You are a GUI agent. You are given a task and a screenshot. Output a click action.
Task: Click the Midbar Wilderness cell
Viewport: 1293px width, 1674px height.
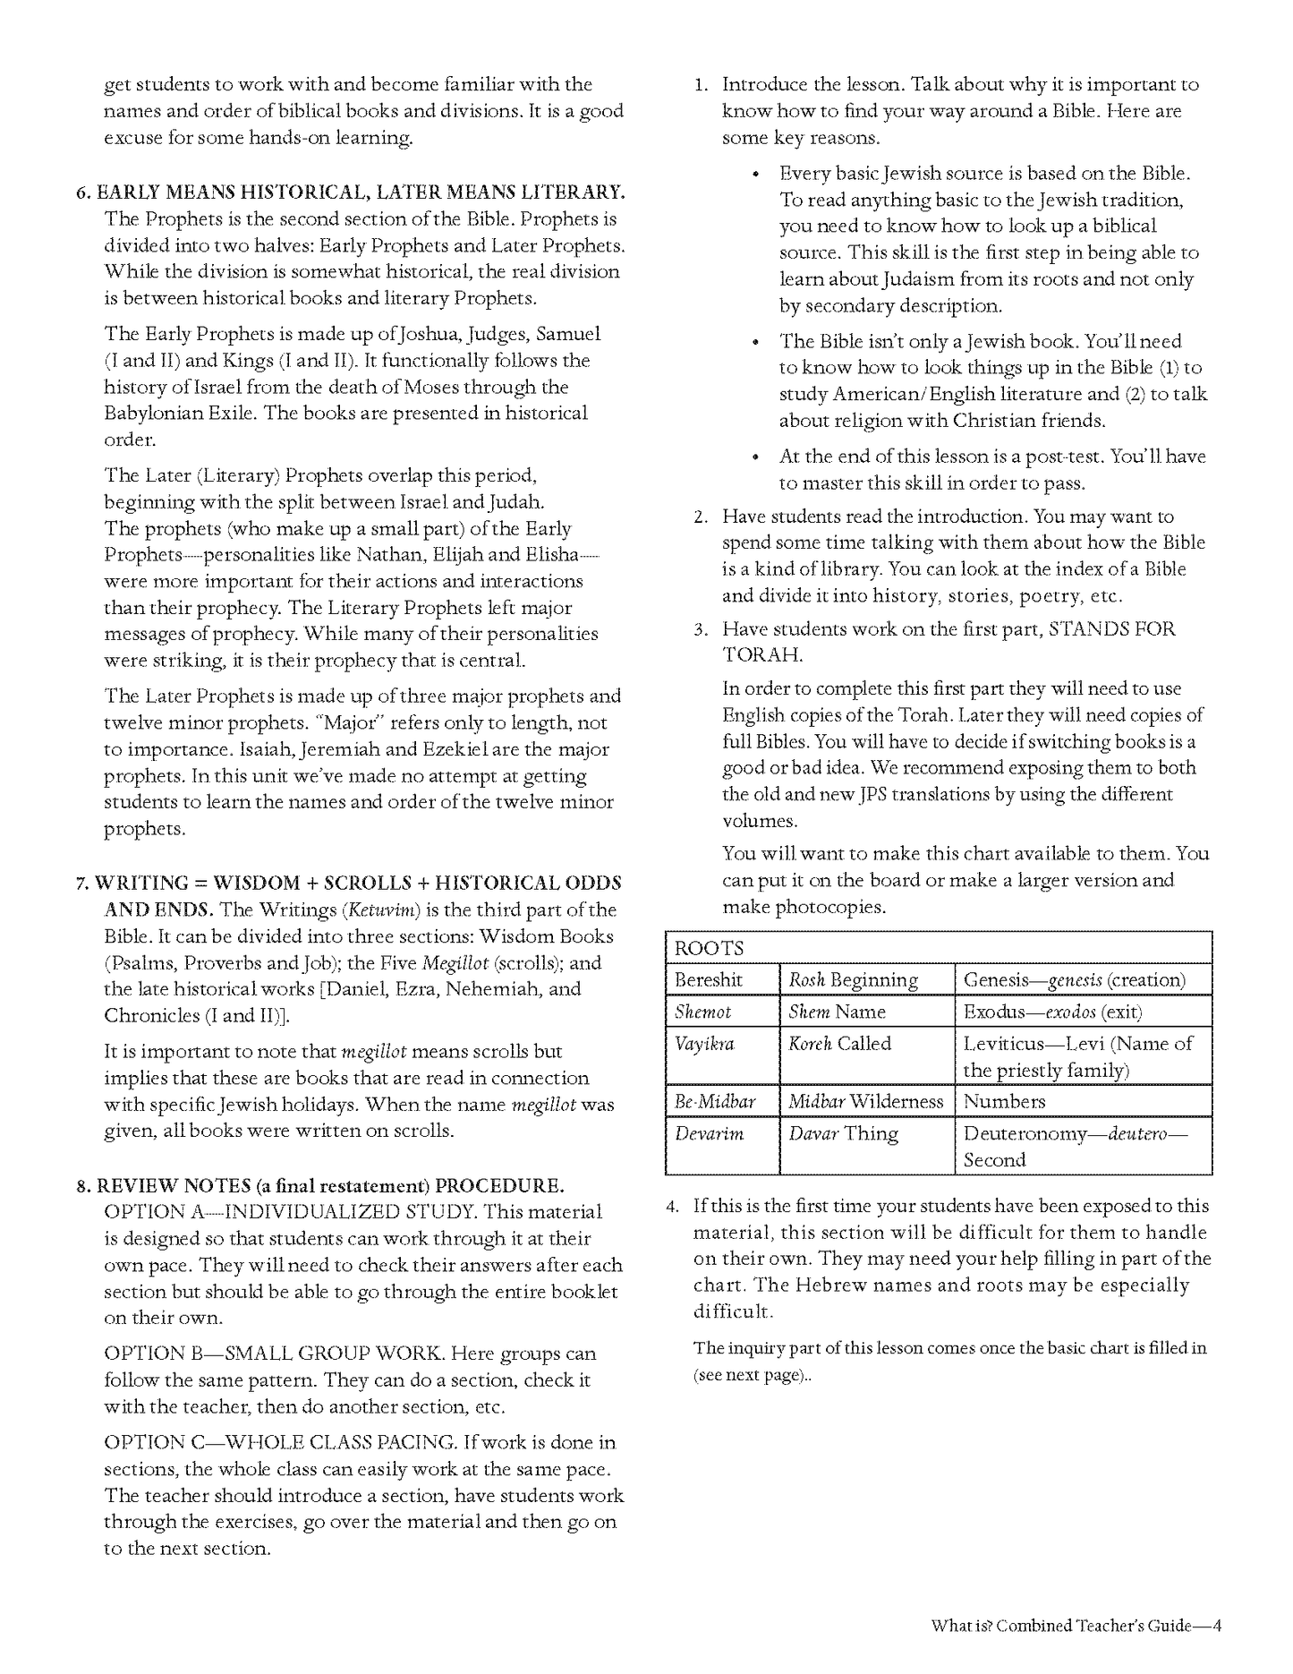coord(865,1101)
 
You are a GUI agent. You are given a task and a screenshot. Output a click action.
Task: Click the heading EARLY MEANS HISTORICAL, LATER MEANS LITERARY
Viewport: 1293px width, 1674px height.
coord(361,192)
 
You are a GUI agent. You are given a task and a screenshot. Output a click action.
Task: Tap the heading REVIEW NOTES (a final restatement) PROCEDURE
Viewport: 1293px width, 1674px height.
coord(330,1186)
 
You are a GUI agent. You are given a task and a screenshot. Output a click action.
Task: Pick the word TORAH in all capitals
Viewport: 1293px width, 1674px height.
coord(762,654)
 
